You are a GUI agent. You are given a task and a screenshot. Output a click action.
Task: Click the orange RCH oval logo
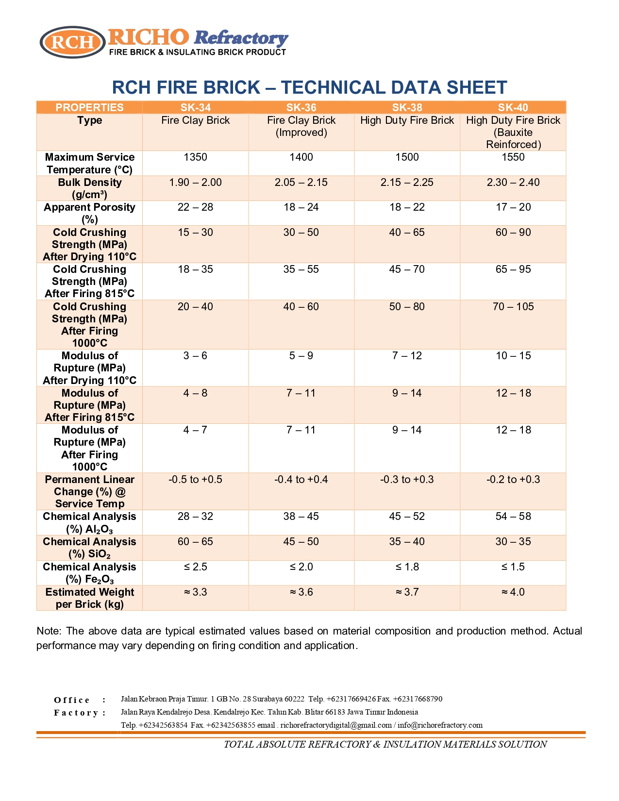coord(73,42)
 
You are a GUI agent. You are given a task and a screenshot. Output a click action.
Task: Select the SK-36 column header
coord(301,107)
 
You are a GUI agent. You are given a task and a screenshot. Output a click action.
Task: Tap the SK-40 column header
coord(513,107)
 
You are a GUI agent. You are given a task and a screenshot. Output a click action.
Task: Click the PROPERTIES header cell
coord(89,107)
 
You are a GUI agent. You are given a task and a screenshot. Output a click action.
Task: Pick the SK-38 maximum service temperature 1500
coord(407,157)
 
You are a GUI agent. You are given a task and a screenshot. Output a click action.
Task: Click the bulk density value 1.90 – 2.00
coord(195,183)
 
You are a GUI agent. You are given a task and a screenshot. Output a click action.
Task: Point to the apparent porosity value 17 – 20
coord(513,207)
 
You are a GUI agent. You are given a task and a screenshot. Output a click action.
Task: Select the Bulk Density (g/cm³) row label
coord(89,188)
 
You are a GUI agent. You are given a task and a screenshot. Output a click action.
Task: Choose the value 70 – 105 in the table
coord(513,307)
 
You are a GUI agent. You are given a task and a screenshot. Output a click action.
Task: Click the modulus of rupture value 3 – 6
coord(195,356)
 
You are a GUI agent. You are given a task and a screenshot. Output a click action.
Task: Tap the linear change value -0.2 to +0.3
coord(513,480)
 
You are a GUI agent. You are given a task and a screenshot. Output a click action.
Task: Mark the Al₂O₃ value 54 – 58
coord(513,517)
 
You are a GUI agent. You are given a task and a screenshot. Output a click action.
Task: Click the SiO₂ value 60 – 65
coord(195,542)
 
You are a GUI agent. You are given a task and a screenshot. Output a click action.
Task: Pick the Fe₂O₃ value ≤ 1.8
coord(407,567)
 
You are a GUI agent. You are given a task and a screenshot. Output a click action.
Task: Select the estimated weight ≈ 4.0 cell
coord(513,592)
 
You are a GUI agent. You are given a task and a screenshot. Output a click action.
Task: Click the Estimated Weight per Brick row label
coord(89,598)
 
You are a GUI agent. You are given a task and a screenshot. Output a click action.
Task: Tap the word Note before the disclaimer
coord(48,631)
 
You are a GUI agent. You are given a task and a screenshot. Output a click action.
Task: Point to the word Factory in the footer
coord(76,713)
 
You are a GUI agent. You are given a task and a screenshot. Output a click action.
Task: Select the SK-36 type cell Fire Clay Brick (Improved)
coord(301,126)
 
